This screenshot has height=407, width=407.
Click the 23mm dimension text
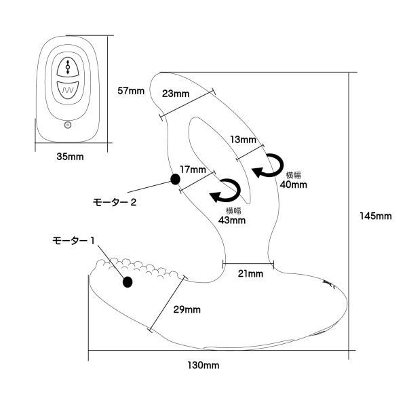pos(176,94)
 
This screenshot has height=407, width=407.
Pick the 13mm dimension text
pos(243,140)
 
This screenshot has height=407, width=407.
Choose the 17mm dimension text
pos(193,169)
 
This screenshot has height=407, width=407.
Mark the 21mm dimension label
pos(250,274)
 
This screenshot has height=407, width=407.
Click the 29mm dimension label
pos(188,309)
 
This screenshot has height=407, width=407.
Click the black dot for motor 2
pos(175,180)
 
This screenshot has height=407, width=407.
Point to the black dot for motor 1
pos(127,282)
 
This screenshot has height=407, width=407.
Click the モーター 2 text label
pos(115,201)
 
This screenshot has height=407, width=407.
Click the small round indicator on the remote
pos(66,124)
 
